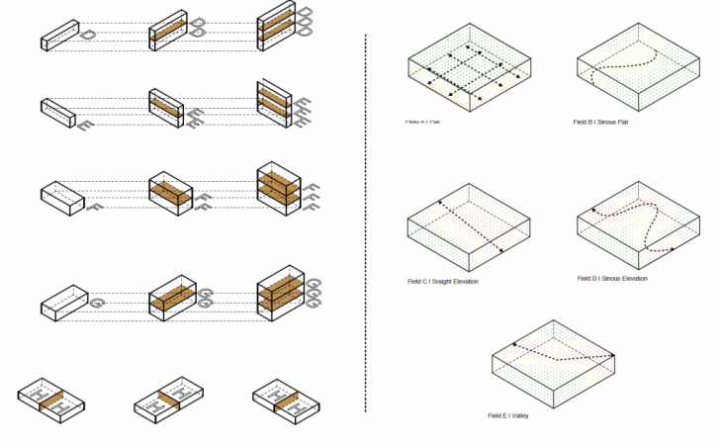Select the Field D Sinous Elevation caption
click(x=612, y=279)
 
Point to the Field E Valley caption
click(x=508, y=415)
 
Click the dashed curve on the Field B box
click(x=615, y=70)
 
